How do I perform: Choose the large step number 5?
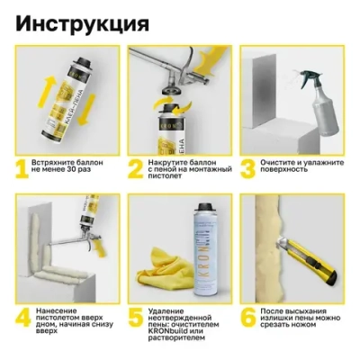(138, 317)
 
